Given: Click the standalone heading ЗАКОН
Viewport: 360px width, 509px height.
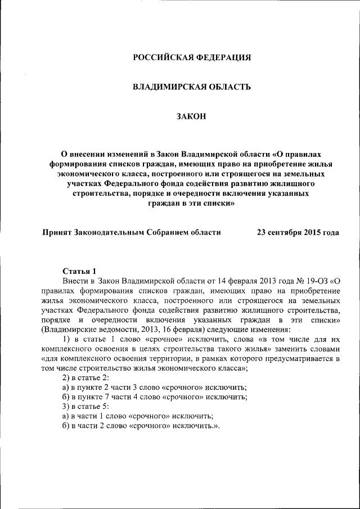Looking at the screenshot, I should coord(191,116).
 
